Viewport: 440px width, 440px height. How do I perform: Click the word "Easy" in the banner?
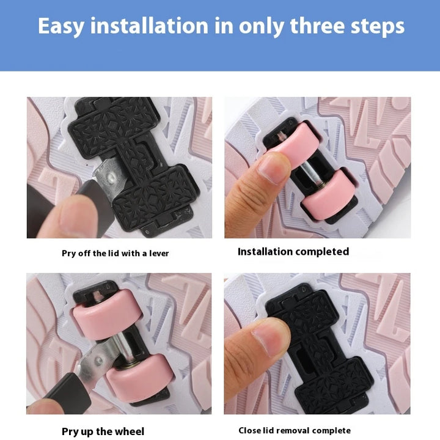[61, 26]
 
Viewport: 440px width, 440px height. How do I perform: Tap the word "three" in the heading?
[317, 26]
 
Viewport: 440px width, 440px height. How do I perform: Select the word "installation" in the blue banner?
[150, 26]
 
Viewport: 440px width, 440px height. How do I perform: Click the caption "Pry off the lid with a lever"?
[116, 254]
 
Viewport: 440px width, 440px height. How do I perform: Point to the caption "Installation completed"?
[293, 252]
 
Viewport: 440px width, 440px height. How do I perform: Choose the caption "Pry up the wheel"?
[103, 431]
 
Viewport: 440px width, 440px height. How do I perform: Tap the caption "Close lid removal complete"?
[295, 430]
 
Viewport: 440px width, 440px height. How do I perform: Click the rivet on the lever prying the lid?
[111, 177]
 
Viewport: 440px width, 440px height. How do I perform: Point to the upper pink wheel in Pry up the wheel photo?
[107, 314]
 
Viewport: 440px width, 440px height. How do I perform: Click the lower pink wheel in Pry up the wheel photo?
[140, 377]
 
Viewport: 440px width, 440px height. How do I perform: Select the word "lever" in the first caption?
[159, 254]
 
